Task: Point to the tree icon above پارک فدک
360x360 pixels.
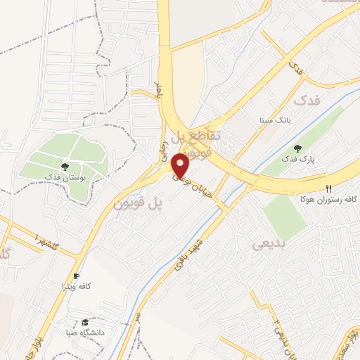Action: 298,148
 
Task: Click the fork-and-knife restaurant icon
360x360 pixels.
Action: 328,188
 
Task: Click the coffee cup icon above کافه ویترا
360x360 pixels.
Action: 76,276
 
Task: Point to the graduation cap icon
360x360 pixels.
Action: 85,321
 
